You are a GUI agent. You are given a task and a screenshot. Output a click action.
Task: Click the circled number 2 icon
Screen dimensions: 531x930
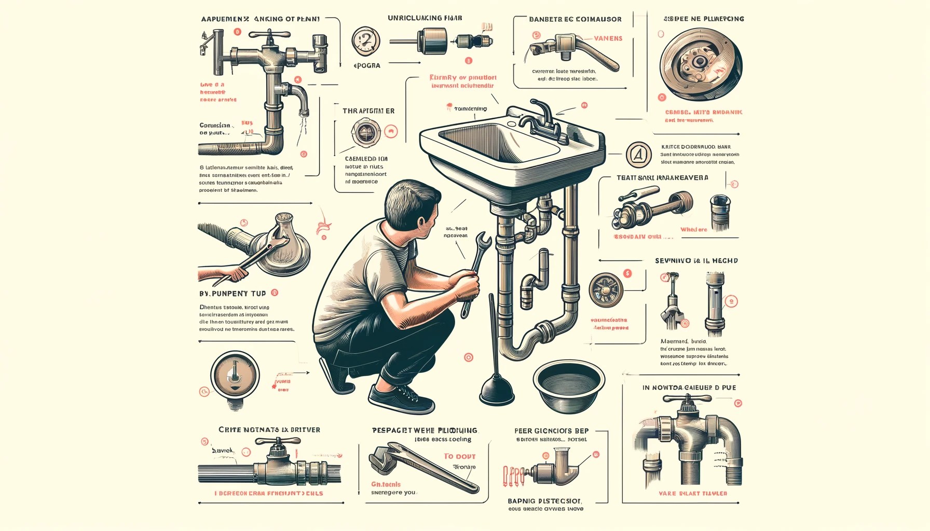(x=366, y=41)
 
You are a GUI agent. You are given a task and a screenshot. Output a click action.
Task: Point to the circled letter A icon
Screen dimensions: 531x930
(x=638, y=155)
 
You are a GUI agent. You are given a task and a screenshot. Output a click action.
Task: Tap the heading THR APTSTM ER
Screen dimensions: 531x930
(x=368, y=111)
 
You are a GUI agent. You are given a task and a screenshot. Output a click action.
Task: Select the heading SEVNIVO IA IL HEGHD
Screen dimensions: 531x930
(x=696, y=261)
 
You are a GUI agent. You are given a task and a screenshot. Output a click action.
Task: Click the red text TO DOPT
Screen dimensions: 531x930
(x=459, y=456)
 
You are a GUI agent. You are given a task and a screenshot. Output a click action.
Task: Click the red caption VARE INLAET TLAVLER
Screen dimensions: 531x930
(x=692, y=494)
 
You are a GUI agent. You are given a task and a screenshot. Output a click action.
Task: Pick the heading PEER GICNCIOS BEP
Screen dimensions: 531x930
(x=551, y=431)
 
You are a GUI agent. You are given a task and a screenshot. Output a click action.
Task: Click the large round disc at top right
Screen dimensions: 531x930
(x=701, y=65)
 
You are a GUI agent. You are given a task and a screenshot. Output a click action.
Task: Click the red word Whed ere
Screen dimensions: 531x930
(x=693, y=230)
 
